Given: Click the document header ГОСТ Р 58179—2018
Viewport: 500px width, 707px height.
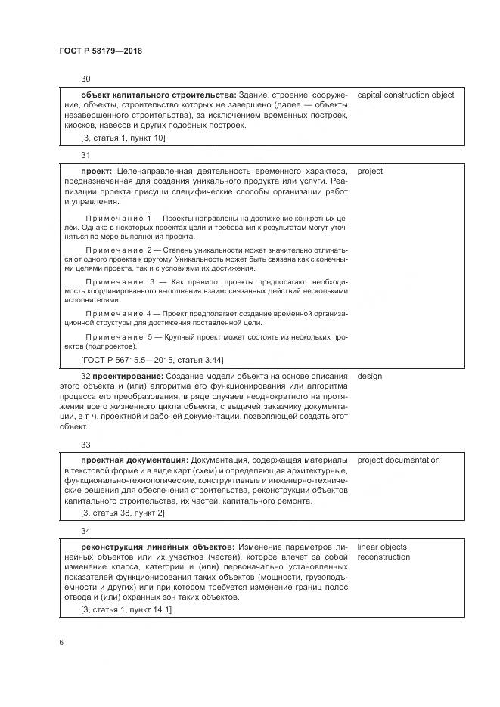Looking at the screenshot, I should (100, 51).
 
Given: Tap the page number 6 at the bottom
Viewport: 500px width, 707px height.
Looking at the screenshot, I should (61, 643).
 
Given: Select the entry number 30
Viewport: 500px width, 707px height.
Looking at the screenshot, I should (85, 79).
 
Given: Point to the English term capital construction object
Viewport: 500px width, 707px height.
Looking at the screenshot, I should (405, 95).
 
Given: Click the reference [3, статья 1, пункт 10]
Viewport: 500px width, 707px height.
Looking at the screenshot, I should (123, 137).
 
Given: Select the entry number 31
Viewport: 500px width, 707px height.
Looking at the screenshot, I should (85, 155).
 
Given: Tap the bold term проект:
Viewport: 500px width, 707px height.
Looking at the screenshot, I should (96, 171).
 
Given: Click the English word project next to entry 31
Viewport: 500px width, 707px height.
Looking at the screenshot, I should (370, 171).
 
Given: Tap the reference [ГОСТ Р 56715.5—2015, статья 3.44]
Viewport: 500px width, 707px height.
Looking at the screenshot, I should (152, 359).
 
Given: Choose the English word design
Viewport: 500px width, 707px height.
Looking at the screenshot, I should (370, 375).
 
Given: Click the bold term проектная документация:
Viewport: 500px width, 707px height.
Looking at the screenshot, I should (135, 460).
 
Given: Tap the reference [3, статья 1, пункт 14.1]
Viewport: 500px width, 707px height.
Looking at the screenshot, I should (126, 609).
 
